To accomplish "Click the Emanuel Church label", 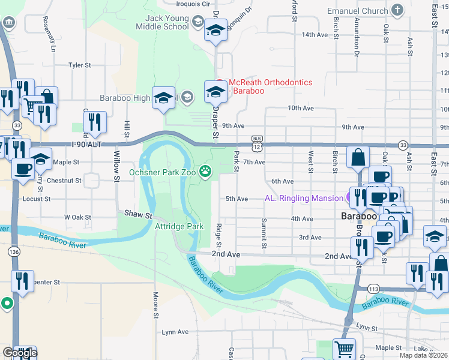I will tap(357, 10).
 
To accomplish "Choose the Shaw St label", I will tap(137, 213).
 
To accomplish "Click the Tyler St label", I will tap(79, 65).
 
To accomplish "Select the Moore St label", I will tap(155, 305).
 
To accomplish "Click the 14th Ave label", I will tap(315, 35).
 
